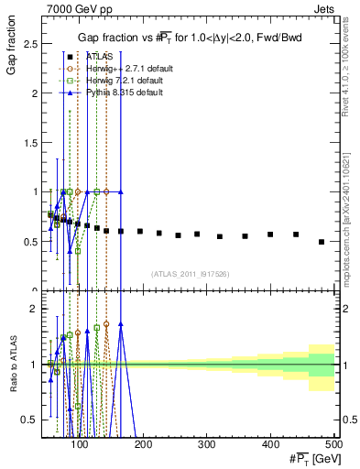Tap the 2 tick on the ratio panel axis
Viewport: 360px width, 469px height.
coord(35,309)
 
